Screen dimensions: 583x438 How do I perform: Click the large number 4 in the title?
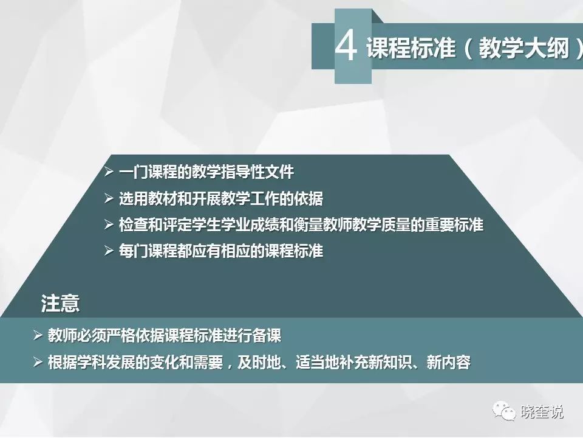click(x=346, y=46)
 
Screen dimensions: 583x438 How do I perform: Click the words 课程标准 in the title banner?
click(x=411, y=47)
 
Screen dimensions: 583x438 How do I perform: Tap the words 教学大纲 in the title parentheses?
click(x=524, y=47)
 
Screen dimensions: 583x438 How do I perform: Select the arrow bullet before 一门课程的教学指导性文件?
click(x=109, y=172)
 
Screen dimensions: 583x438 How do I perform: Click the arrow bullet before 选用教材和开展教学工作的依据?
click(x=109, y=198)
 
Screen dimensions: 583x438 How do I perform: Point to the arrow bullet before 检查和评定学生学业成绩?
click(x=109, y=224)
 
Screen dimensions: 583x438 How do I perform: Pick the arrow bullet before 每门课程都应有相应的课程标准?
click(x=109, y=251)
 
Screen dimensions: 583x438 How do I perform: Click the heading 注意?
click(x=60, y=303)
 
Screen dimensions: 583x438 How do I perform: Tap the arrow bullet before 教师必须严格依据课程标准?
click(x=38, y=335)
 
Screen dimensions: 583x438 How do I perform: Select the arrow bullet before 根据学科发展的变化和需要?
click(x=38, y=361)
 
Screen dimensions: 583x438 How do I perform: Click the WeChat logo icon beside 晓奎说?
click(x=504, y=411)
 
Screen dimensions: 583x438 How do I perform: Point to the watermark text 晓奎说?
click(x=542, y=412)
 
